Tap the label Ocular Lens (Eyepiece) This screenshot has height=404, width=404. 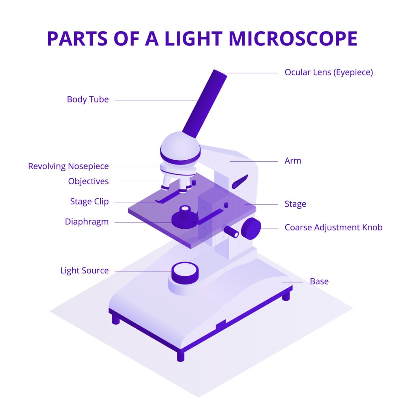tap(329, 73)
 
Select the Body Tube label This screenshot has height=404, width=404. tap(88, 99)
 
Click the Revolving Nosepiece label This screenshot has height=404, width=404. tap(68, 166)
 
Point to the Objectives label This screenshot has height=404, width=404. tap(88, 181)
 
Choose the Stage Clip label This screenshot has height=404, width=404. tap(89, 202)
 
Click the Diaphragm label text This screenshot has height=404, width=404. tap(87, 222)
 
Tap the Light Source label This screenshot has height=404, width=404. tap(84, 271)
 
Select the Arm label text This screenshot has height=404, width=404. tap(293, 161)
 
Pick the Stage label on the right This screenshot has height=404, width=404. tap(296, 204)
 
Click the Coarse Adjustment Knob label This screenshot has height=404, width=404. tap(333, 228)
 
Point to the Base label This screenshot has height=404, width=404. tap(319, 281)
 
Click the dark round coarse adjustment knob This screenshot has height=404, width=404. tap(251, 228)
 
